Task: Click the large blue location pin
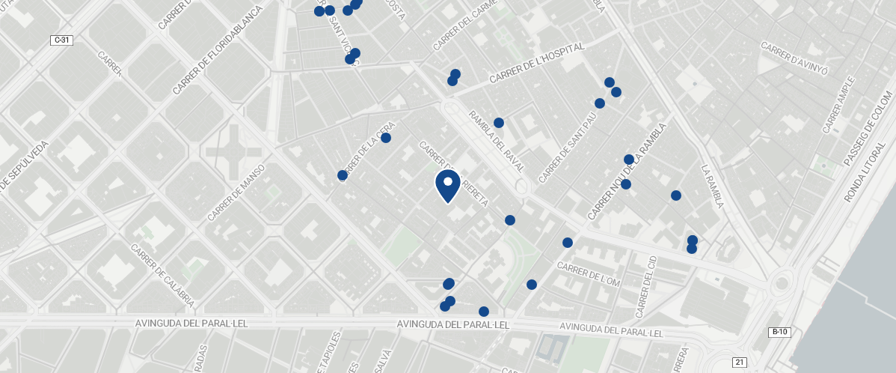pos(447,185)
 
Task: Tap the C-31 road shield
pos(62,40)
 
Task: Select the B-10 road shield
pos(779,332)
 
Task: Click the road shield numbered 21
pos(740,362)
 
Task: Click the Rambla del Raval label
pos(497,142)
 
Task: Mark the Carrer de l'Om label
pos(589,275)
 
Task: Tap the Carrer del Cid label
pos(645,286)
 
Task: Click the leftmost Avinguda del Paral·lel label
pos(191,324)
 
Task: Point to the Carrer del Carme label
pos(465,27)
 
